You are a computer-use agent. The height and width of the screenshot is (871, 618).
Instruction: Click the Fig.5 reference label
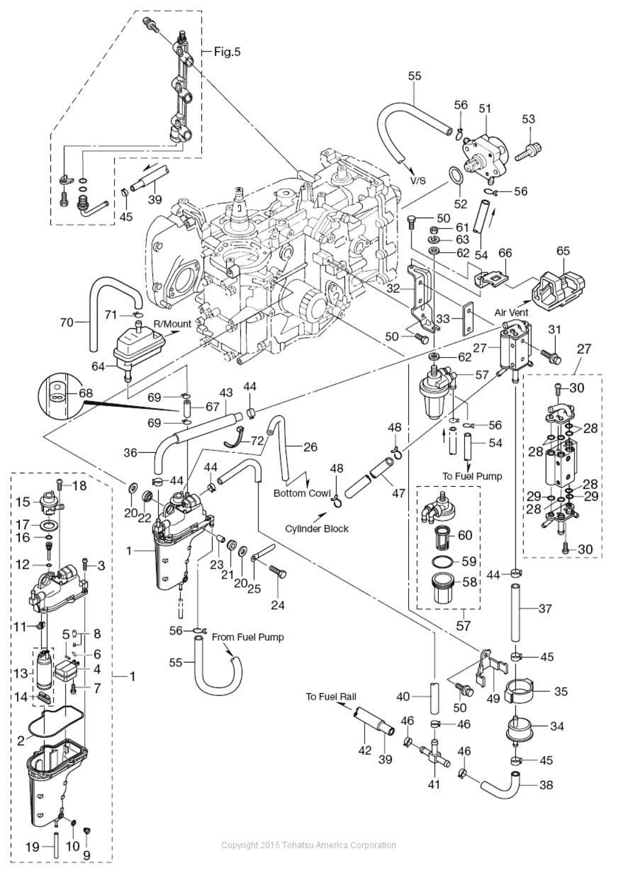227,52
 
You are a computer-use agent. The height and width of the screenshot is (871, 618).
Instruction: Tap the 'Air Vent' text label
511,312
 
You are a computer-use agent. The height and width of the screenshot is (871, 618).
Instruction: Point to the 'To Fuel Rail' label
332,696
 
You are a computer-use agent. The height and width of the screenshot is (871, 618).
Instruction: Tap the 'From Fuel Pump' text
248,637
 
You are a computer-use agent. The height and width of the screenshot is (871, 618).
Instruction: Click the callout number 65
563,251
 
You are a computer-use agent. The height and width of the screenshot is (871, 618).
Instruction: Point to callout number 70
67,322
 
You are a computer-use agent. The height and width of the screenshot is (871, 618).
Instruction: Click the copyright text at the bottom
308,845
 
